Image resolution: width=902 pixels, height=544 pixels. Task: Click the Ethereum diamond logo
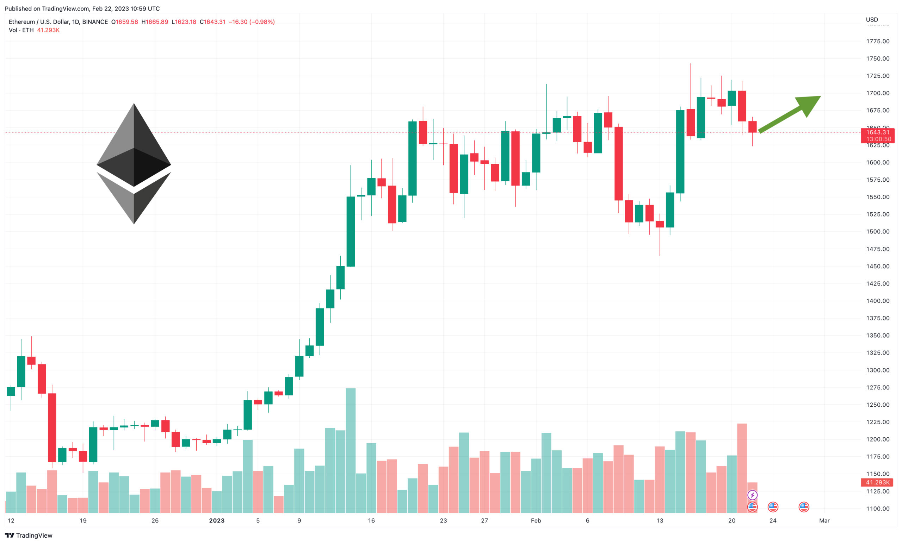click(134, 163)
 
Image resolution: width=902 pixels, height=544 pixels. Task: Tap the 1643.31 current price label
click(877, 132)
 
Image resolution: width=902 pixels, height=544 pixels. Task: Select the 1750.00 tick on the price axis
click(877, 58)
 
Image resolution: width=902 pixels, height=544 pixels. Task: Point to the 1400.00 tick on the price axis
click(877, 301)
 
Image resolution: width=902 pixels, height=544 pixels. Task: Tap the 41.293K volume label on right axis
click(877, 482)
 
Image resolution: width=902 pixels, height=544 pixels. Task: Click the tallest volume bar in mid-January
click(350, 450)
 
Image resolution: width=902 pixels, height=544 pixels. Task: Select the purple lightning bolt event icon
click(752, 495)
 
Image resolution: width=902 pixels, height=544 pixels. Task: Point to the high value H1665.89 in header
click(155, 22)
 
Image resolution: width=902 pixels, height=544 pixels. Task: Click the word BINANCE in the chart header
click(95, 22)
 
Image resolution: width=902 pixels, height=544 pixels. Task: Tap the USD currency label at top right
click(872, 19)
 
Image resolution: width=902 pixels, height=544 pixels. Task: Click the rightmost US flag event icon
click(804, 507)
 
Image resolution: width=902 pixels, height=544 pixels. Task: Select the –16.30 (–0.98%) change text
click(252, 22)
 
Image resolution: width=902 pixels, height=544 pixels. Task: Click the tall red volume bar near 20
click(742, 468)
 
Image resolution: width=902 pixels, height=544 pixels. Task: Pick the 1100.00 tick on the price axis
click(877, 508)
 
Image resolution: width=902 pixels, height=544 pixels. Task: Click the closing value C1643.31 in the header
click(212, 22)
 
